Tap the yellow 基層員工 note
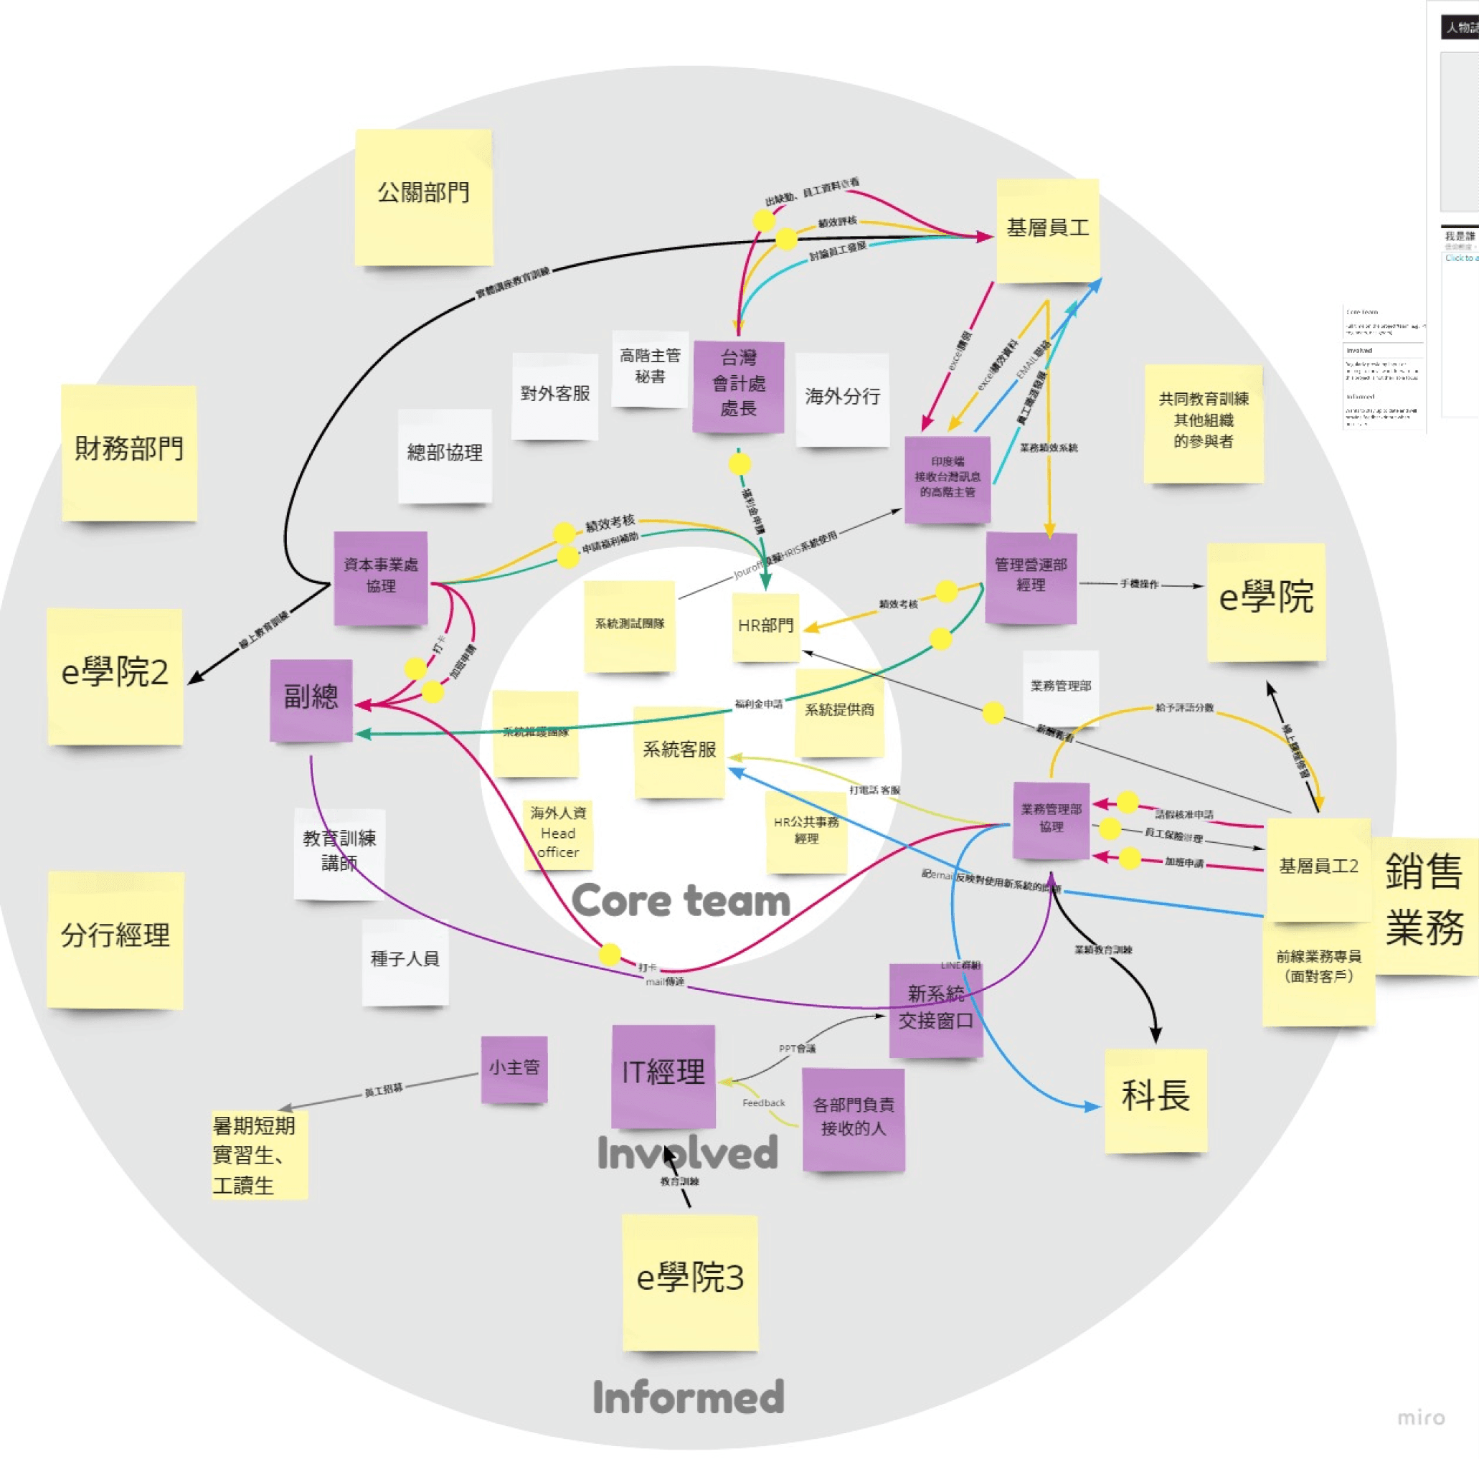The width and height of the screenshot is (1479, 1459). point(1047,230)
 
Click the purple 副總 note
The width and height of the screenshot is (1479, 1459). point(311,699)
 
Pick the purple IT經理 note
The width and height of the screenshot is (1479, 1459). point(663,1074)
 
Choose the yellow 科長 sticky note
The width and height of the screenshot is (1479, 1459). point(1156,1098)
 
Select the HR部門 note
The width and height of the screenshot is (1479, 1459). point(765,626)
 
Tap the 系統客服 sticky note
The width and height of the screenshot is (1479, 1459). point(679,751)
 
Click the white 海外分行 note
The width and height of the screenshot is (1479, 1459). point(842,398)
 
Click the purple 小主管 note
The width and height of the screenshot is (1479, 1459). point(514,1069)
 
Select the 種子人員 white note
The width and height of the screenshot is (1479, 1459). point(405,960)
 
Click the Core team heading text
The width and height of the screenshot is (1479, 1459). point(681,902)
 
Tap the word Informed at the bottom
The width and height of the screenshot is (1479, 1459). point(688,1398)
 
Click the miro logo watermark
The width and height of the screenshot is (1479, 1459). point(1421,1417)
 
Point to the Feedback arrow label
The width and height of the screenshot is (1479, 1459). point(763,1103)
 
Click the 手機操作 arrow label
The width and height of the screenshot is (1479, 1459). point(1139,584)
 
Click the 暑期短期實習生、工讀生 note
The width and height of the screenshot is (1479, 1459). point(259,1156)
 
